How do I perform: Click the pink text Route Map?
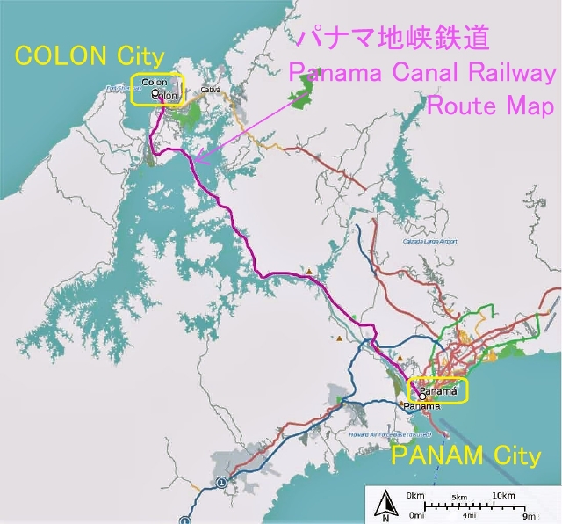tap(490, 106)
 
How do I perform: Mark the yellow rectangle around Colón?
tap(159, 90)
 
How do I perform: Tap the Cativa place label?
tap(210, 90)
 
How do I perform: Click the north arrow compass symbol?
tap(384, 505)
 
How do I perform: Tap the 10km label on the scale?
tap(502, 496)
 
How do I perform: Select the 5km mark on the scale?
tap(459, 498)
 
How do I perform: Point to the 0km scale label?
tap(417, 496)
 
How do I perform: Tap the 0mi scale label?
tap(416, 516)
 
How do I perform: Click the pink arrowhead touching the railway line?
tap(198, 159)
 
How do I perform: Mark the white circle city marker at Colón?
tap(155, 92)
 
